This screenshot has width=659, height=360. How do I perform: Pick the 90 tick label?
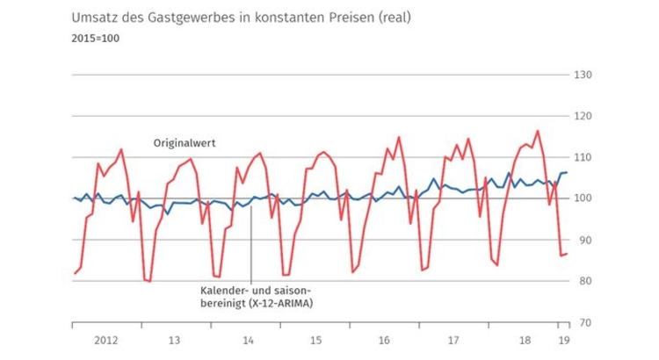[583, 240]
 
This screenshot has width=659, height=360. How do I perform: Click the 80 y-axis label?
[583, 281]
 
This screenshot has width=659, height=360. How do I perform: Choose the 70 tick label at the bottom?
[583, 322]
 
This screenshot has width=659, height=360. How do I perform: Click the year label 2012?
[105, 338]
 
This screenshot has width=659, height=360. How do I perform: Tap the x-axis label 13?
[175, 338]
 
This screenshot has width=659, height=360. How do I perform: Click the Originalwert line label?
[185, 142]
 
